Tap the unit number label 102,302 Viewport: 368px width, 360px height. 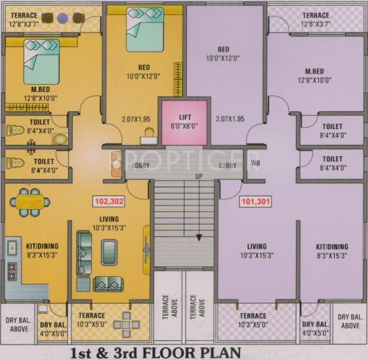point(108,200)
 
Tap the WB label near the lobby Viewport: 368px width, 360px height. point(255,163)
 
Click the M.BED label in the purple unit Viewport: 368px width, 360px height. point(317,71)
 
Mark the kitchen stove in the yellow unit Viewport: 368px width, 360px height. point(12,271)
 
